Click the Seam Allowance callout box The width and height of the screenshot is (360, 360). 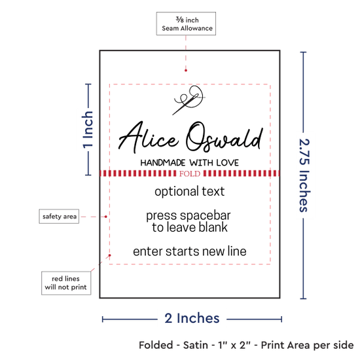pyautogui.click(x=186, y=24)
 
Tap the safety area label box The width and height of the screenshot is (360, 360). pyautogui.click(x=59, y=216)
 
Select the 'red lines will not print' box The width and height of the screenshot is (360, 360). pyautogui.click(x=66, y=283)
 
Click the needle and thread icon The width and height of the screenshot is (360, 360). pyautogui.click(x=189, y=100)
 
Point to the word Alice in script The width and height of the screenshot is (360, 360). pyautogui.click(x=148, y=137)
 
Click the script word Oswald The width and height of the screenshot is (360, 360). pyautogui.click(x=225, y=137)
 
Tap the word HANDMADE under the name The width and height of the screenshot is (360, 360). pyautogui.click(x=163, y=163)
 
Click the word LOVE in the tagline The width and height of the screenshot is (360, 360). pyautogui.click(x=228, y=163)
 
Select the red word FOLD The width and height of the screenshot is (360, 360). pyautogui.click(x=190, y=174)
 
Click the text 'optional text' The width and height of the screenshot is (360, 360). pyautogui.click(x=189, y=192)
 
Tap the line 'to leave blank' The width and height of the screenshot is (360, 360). pyautogui.click(x=190, y=227)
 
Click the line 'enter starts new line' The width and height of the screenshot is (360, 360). pyautogui.click(x=190, y=251)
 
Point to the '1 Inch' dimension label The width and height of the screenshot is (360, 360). pyautogui.click(x=88, y=130)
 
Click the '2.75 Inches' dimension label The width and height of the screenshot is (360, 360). pyautogui.click(x=304, y=175)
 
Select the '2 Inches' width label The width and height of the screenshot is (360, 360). pyautogui.click(x=192, y=318)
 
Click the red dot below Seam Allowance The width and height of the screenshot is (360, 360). pyautogui.click(x=186, y=71)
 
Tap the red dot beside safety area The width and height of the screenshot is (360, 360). pyautogui.click(x=106, y=217)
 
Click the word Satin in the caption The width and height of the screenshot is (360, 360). pyautogui.click(x=196, y=345)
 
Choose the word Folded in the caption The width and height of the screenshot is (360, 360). pyautogui.click(x=156, y=345)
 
